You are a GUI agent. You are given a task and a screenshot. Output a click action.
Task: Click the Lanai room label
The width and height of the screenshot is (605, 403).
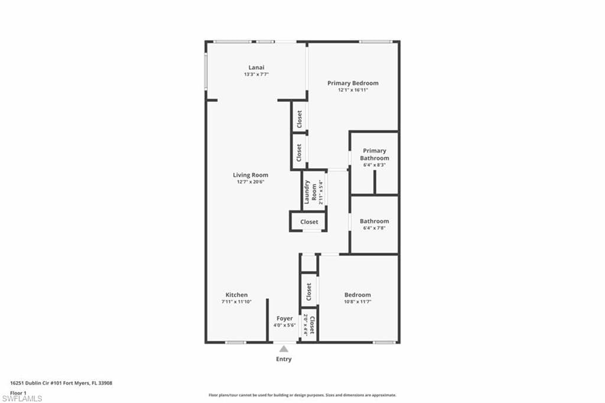256,67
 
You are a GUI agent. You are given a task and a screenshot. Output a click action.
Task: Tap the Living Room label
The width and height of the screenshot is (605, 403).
251,175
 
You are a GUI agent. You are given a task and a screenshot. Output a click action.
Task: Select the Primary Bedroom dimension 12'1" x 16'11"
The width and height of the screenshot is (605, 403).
353,90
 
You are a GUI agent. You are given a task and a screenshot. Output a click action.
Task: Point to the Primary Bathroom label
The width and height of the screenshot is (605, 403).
374,154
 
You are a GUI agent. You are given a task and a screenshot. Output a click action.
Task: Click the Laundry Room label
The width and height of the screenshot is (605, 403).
311,192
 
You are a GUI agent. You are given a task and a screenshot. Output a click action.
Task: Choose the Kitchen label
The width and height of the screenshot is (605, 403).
236,295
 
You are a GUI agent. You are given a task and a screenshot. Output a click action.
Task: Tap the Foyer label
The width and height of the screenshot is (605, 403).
284,318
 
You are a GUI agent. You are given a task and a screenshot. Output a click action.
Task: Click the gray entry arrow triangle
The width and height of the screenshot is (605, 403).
284,349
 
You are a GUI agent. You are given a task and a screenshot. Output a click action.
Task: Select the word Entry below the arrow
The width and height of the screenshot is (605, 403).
284,359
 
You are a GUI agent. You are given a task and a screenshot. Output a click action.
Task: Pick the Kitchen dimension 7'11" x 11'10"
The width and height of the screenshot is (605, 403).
236,302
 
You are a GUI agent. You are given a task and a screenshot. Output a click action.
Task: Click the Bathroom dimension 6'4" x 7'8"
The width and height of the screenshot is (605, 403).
374,228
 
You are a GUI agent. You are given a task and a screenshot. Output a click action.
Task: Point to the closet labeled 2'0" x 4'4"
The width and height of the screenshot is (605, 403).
310,324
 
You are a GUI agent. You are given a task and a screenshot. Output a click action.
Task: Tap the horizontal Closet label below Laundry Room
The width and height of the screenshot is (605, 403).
309,222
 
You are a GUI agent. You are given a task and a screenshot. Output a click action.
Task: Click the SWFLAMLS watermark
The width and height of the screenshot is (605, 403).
22,398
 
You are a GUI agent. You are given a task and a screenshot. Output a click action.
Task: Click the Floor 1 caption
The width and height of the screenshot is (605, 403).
18,393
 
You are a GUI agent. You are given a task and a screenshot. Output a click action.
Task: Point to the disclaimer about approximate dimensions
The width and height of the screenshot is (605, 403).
302,395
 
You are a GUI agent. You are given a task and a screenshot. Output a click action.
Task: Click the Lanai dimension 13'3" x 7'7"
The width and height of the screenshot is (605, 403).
256,74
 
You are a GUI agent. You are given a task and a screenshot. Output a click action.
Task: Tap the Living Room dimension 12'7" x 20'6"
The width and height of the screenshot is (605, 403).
251,182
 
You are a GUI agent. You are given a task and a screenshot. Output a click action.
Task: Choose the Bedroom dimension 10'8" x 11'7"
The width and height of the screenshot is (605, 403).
357,302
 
